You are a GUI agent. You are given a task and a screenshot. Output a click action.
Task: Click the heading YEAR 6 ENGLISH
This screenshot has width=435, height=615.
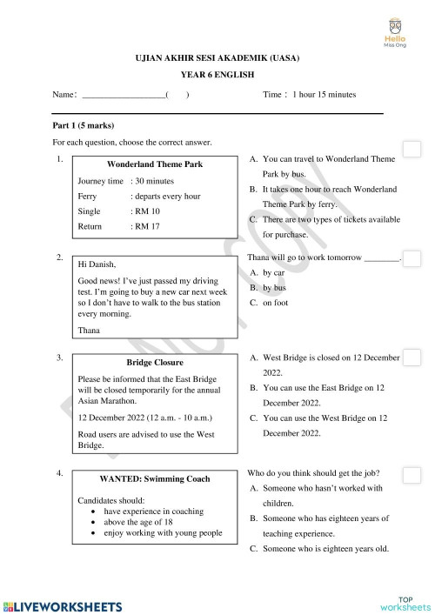tap(217, 75)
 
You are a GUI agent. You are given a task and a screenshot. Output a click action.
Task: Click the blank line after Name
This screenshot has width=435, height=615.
tap(121, 95)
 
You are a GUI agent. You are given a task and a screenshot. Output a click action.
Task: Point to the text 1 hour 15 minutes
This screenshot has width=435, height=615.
tap(325, 94)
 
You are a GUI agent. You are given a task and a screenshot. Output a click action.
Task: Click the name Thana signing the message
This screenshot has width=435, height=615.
tap(89, 330)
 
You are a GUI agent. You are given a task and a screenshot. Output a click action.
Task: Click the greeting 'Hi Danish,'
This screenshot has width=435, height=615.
tap(97, 264)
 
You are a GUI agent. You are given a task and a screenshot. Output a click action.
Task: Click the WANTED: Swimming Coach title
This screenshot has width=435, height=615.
tap(154, 478)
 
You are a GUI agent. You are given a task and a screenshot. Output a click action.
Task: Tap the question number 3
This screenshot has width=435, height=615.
tap(58, 358)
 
